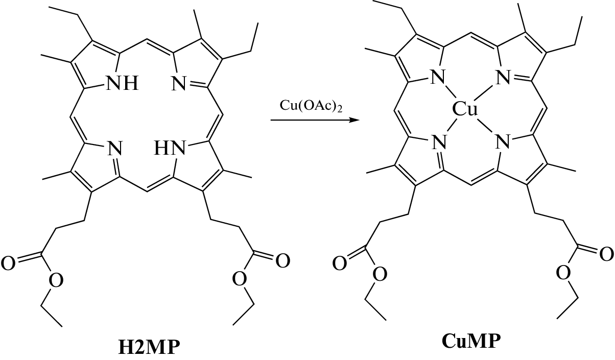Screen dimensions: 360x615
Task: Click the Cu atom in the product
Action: (x=465, y=108)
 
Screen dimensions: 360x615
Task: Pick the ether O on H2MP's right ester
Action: (x=239, y=278)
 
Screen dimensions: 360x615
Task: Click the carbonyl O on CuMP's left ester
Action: (x=339, y=263)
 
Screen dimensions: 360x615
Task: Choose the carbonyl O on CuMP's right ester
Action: (x=607, y=254)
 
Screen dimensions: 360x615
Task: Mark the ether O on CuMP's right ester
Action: (x=563, y=273)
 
